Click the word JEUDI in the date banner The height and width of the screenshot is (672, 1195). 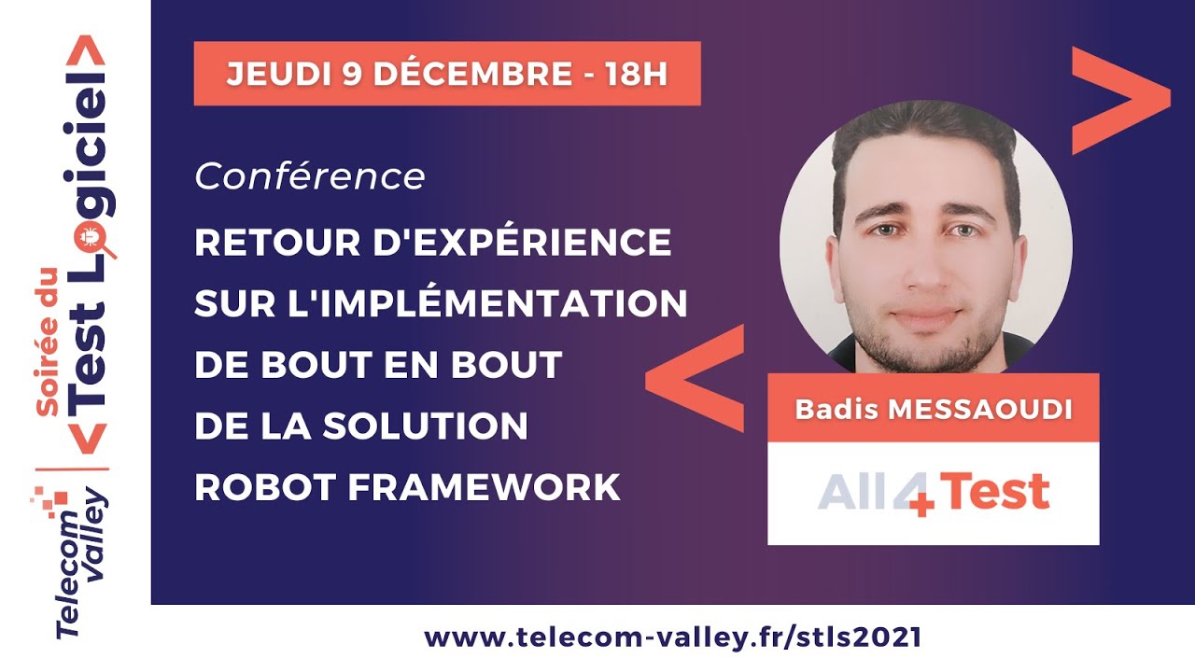[x=279, y=74]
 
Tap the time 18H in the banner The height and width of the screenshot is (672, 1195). [x=636, y=74]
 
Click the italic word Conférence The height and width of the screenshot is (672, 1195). [x=310, y=176]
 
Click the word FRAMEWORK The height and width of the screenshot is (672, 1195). [x=484, y=487]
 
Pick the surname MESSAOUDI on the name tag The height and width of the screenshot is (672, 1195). [x=979, y=410]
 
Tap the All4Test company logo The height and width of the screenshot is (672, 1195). [x=934, y=494]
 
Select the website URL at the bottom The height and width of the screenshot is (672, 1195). [x=673, y=637]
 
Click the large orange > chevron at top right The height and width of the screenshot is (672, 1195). [x=1121, y=100]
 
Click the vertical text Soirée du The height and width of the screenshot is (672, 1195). [x=47, y=342]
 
